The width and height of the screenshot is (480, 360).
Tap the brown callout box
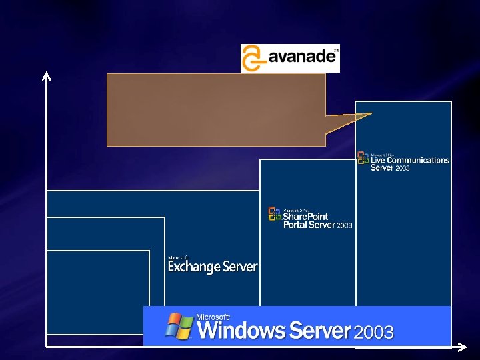pyautogui.click(x=216, y=109)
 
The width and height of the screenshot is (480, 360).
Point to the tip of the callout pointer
pyautogui.click(x=371, y=113)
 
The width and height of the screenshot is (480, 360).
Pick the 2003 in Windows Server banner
pyautogui.click(x=373, y=332)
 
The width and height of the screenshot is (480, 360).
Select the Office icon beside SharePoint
pyautogui.click(x=275, y=213)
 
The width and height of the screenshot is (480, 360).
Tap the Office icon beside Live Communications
pyautogui.click(x=363, y=158)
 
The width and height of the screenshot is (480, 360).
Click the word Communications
pyautogui.click(x=418, y=160)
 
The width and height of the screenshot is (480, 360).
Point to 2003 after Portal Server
pyautogui.click(x=344, y=226)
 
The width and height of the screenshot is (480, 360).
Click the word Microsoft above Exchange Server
pyautogui.click(x=179, y=257)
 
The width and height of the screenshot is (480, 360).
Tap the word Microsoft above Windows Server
pyautogui.click(x=213, y=317)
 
